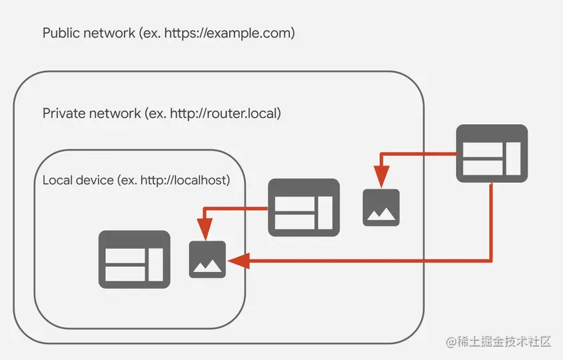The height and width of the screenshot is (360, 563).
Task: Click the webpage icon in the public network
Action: click(491, 154)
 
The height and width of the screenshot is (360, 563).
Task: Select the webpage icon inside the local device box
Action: click(134, 259)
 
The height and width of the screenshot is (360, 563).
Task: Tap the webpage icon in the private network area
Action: click(304, 207)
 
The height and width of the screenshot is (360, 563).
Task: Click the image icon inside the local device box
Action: click(207, 259)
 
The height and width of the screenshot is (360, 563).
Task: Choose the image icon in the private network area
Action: click(381, 207)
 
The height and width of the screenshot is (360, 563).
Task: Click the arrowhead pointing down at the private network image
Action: click(381, 177)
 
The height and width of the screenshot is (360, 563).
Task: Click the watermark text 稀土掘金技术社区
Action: click(500, 342)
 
